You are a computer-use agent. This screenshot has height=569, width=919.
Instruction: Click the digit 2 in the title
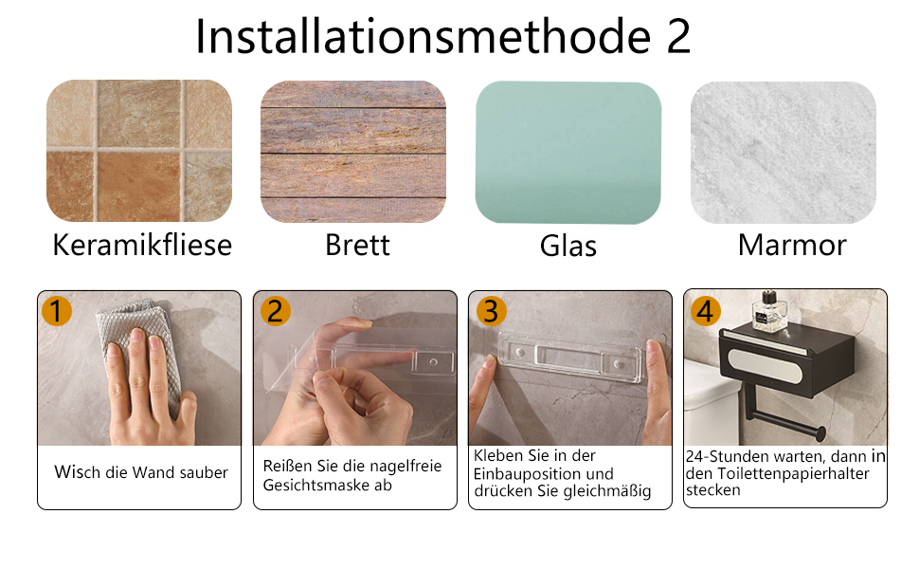pyautogui.click(x=678, y=36)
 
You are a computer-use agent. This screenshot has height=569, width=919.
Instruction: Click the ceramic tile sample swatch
pyautogui.click(x=139, y=151)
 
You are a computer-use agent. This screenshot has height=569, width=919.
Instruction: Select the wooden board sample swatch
pyautogui.click(x=353, y=152)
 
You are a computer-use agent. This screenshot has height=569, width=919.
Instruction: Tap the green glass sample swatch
pyautogui.click(x=568, y=153)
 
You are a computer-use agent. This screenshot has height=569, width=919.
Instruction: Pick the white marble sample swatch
pyautogui.click(x=784, y=153)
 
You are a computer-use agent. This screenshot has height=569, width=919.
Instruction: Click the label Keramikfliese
pyautogui.click(x=142, y=245)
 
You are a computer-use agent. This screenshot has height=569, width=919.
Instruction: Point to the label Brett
pyautogui.click(x=357, y=246)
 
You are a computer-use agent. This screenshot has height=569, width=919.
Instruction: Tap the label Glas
pyautogui.click(x=568, y=246)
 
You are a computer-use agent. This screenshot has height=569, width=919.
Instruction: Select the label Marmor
pyautogui.click(x=792, y=246)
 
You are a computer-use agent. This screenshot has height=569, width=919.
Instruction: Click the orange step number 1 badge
pyautogui.click(x=57, y=311)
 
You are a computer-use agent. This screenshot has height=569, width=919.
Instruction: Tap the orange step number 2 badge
pyautogui.click(x=275, y=311)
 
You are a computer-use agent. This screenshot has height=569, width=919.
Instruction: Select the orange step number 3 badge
pyautogui.click(x=491, y=311)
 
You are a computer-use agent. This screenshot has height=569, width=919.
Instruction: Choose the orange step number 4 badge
pyautogui.click(x=705, y=311)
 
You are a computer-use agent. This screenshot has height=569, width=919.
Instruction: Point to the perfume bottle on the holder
pyautogui.click(x=769, y=312)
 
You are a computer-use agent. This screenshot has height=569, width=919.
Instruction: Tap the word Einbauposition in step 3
pyautogui.click(x=543, y=473)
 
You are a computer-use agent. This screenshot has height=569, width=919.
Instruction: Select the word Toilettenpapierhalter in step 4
pyautogui.click(x=793, y=473)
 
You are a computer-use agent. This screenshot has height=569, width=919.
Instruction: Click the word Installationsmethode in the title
pyautogui.click(x=423, y=36)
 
